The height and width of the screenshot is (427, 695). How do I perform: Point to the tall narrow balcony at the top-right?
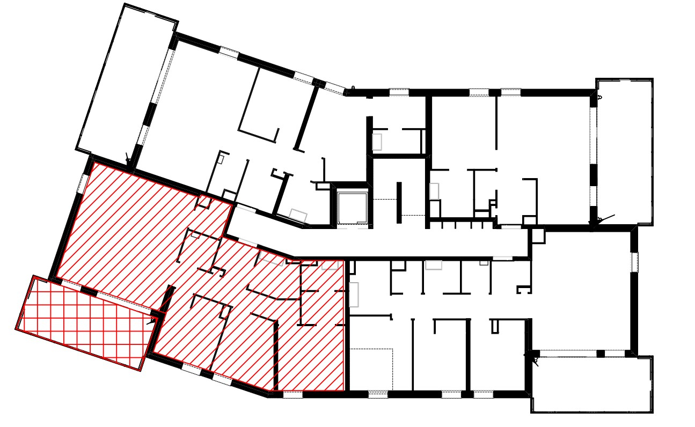pyautogui.click(x=624, y=151)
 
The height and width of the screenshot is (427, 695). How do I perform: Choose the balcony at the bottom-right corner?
pyautogui.click(x=591, y=384)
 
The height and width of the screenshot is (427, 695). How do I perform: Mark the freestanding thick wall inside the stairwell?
pyautogui.click(x=399, y=202)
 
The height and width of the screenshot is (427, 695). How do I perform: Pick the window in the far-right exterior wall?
pyautogui.click(x=634, y=261)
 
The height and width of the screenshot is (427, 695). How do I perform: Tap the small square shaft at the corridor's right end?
pyautogui.click(x=537, y=235)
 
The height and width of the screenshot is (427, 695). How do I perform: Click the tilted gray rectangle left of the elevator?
pyautogui.click(x=298, y=216)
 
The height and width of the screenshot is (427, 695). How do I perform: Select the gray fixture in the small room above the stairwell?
pyautogui.click(x=377, y=142)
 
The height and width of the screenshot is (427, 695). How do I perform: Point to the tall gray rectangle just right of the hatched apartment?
pyautogui.click(x=354, y=295)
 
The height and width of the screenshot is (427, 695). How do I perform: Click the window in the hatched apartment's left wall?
pyautogui.click(x=83, y=183)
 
